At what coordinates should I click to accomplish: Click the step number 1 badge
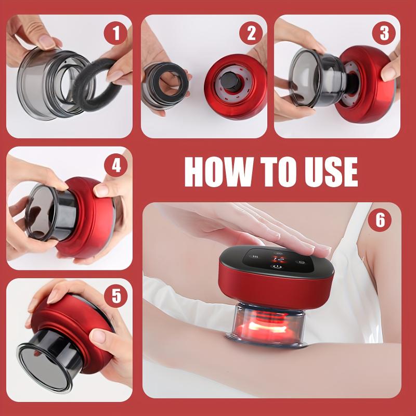[x=115, y=33]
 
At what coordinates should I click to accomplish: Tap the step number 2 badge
[x=251, y=33]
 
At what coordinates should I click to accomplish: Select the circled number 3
[x=384, y=33]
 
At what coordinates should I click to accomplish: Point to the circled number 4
[x=115, y=166]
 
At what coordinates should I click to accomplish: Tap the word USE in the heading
[x=329, y=171]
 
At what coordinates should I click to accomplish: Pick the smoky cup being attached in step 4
[x=44, y=213]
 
